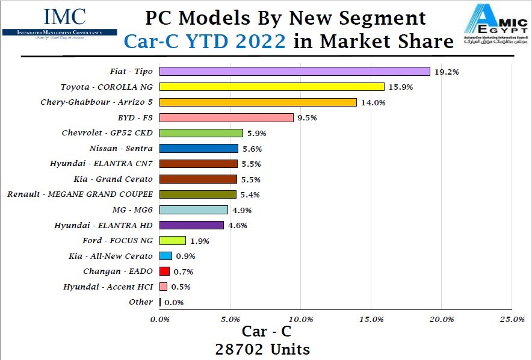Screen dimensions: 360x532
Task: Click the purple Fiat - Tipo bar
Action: tap(295, 71)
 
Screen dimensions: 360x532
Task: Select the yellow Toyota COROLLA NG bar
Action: tap(272, 87)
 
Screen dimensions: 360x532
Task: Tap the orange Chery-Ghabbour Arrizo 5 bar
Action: tap(258, 102)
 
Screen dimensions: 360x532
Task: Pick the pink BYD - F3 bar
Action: tap(227, 117)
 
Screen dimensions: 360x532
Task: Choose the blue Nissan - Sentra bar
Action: tap(199, 148)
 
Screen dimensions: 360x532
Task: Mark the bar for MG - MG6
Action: tap(194, 209)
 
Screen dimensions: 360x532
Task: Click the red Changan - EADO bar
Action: tap(165, 272)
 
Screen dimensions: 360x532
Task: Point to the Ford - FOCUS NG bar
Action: tap(173, 240)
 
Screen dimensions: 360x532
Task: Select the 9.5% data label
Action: tap(306, 118)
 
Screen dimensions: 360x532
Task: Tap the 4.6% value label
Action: tap(237, 226)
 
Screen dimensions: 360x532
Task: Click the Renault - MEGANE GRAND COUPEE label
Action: tap(80, 194)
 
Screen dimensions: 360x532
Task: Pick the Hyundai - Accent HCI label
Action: tap(108, 287)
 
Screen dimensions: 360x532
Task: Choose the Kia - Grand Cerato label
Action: tap(114, 179)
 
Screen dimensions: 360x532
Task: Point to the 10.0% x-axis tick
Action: tap(301, 319)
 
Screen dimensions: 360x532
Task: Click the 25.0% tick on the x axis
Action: tap(512, 319)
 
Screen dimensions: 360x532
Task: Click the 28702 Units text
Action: tap(263, 349)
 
